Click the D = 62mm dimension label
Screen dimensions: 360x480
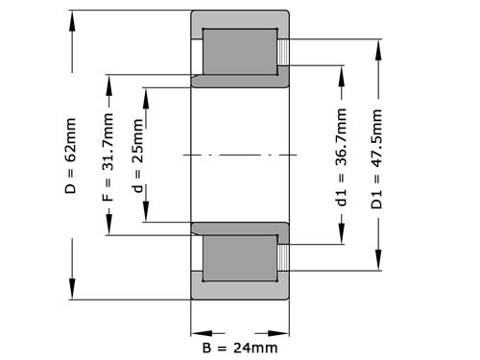pos(71,157)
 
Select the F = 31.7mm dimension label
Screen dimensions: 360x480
pos(108,157)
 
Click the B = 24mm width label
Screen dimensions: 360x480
pos(239,347)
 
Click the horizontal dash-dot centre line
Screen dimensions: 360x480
pos(240,154)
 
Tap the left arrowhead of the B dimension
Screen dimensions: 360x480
pos(196,326)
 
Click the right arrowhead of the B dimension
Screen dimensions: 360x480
pos(283,326)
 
